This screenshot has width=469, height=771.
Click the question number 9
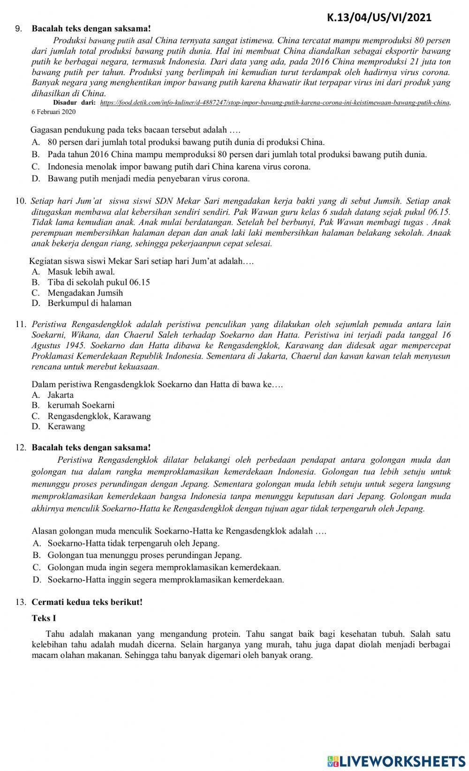[x=18, y=29]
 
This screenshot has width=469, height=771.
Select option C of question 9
[x=179, y=167]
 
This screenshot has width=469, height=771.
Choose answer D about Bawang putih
[x=148, y=179]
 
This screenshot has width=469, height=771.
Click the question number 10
[x=20, y=201]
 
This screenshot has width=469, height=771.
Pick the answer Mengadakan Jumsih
[x=85, y=293]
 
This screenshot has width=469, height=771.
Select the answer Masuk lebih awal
[x=81, y=272]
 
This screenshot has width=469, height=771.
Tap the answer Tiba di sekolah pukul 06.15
[x=98, y=282]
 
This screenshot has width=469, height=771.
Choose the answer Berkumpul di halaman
[x=89, y=303]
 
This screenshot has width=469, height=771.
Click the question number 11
[x=20, y=324]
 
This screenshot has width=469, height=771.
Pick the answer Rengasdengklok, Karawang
[x=99, y=416]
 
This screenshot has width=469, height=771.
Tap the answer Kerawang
[x=66, y=427]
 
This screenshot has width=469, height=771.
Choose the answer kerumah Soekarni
[x=81, y=405]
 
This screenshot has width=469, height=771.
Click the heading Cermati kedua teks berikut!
[x=87, y=602]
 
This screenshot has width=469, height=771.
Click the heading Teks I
[x=44, y=618]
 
